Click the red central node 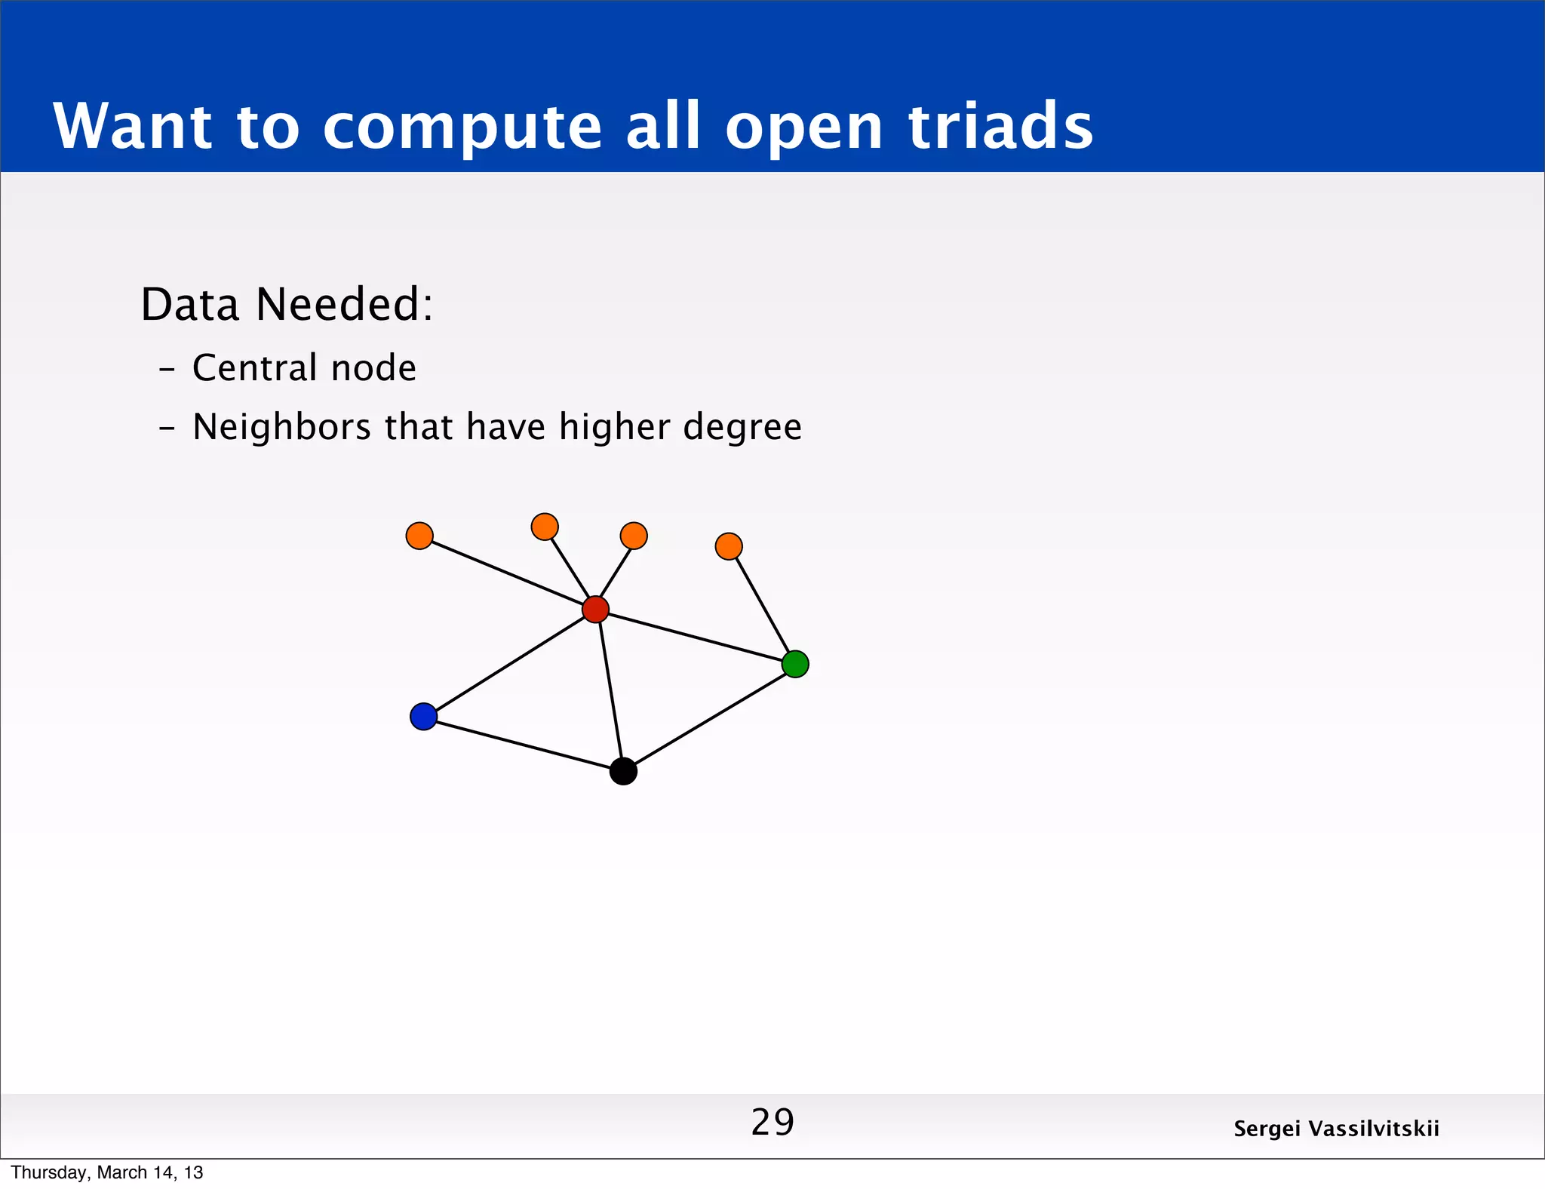[x=595, y=609]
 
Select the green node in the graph [x=795, y=664]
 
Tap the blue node [x=423, y=716]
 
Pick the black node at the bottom [x=623, y=771]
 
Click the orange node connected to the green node [x=728, y=545]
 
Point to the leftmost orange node [x=419, y=536]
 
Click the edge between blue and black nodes [x=524, y=744]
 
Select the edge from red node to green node [x=696, y=637]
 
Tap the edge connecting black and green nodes [x=709, y=717]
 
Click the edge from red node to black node [x=610, y=690]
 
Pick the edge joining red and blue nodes [x=509, y=662]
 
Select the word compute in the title [x=462, y=127]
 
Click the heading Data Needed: [x=287, y=304]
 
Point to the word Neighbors [x=281, y=427]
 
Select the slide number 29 [x=772, y=1122]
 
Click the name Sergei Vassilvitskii [x=1336, y=1129]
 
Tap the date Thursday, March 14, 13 [x=107, y=1172]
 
